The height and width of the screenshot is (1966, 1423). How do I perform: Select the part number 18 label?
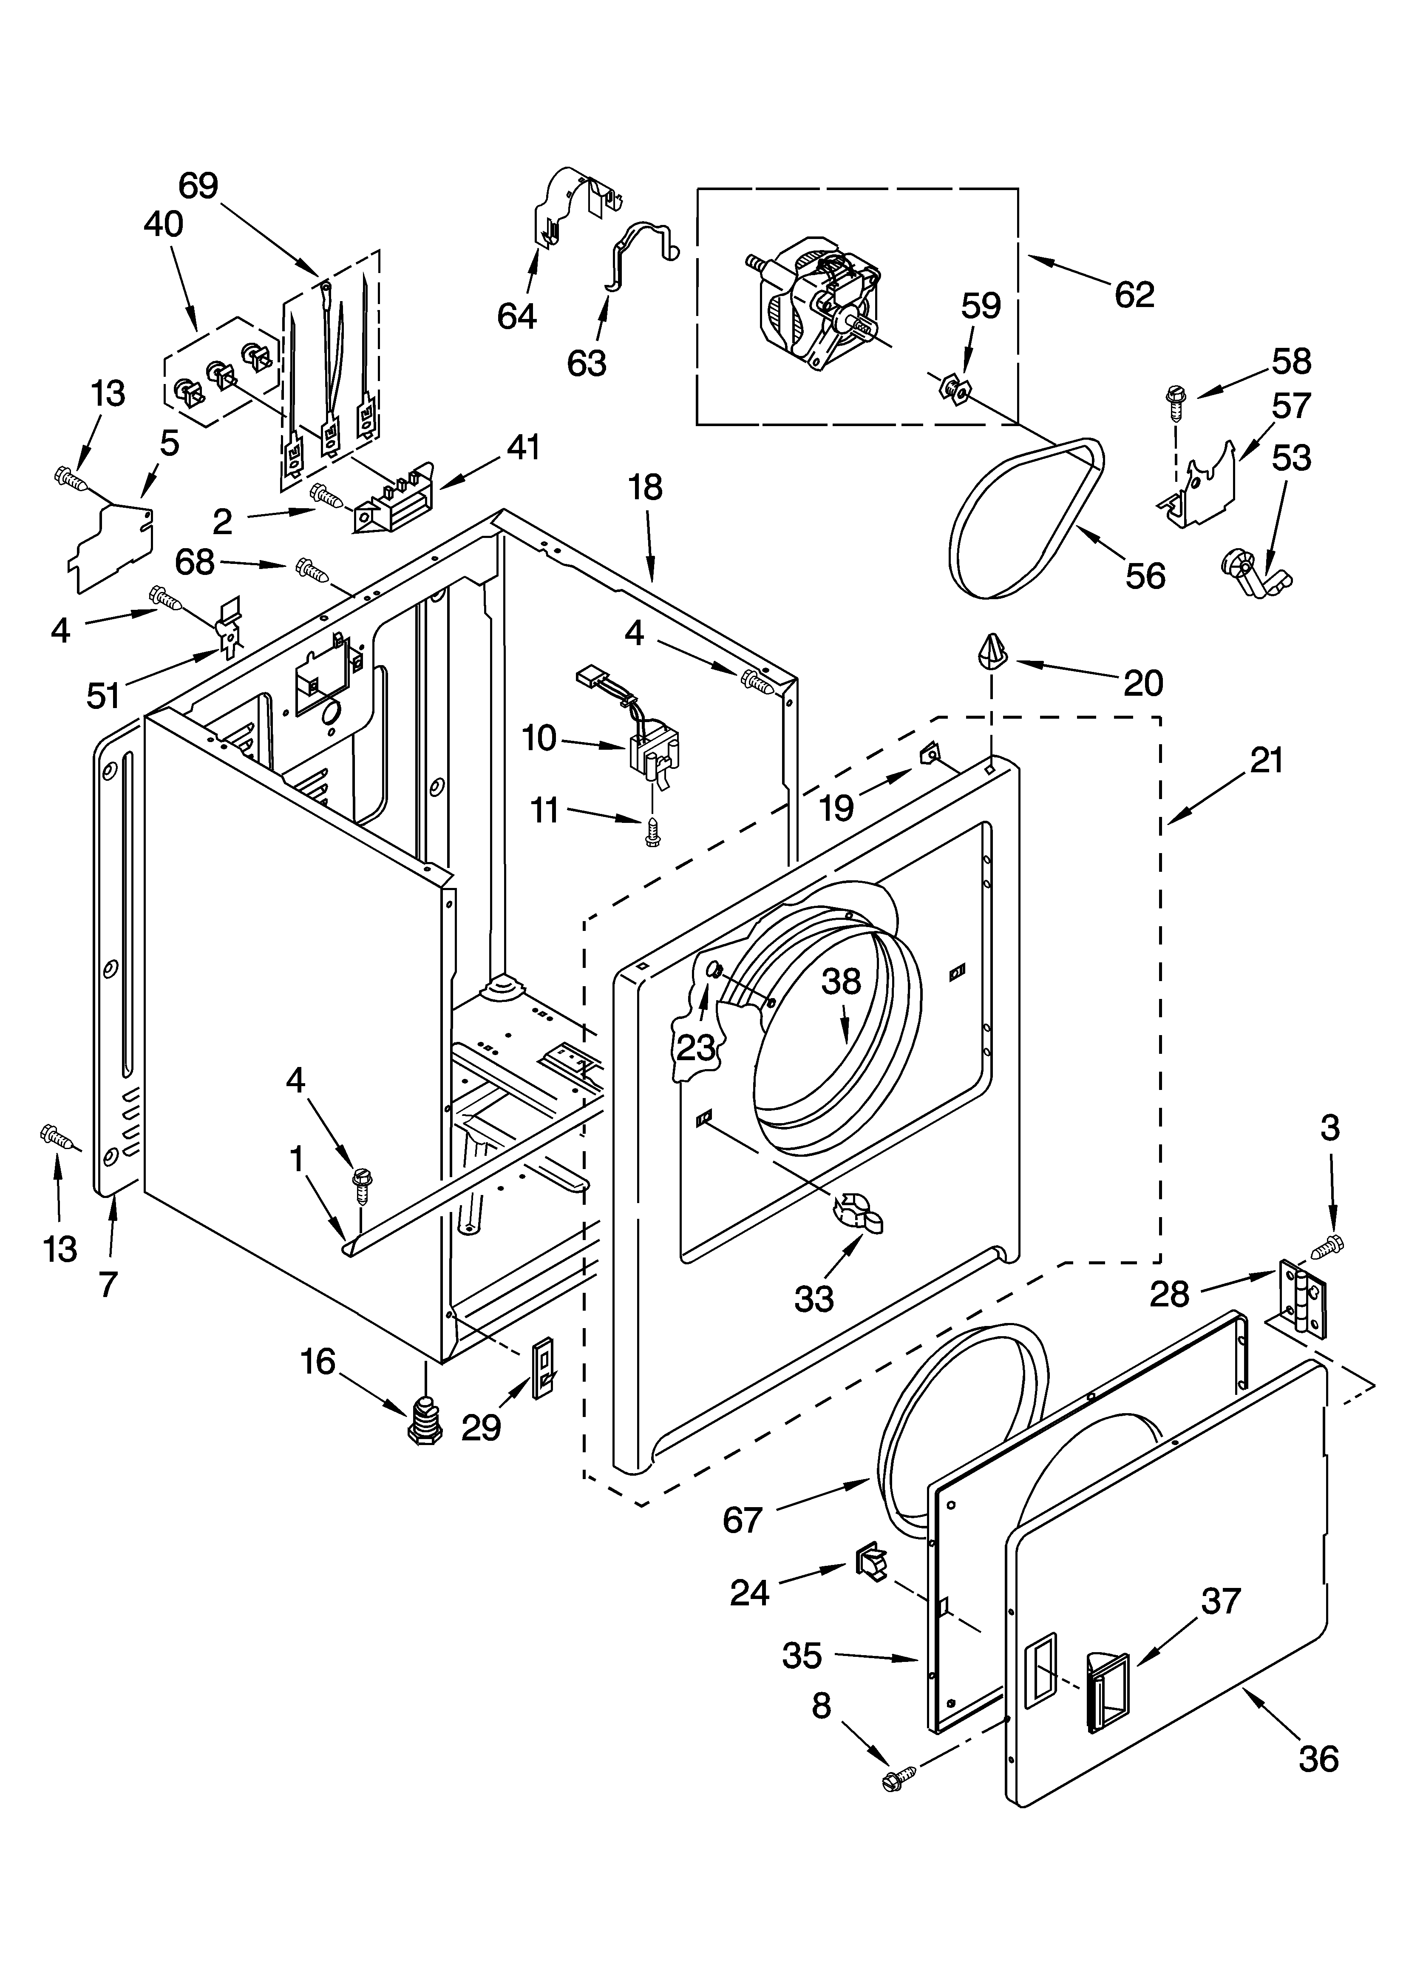(x=646, y=488)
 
